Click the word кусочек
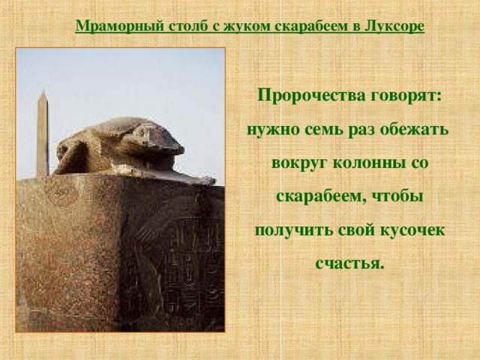pyautogui.click(x=415, y=229)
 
